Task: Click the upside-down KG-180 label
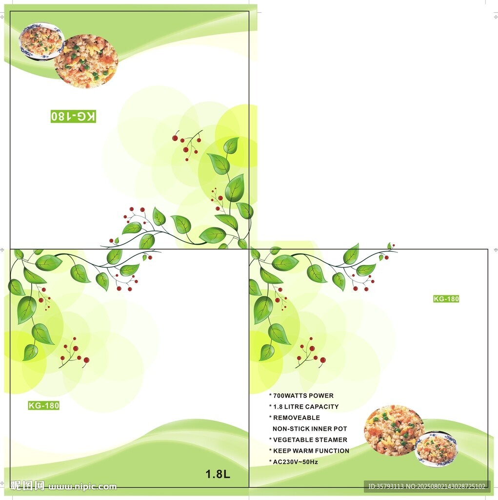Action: pos(73,116)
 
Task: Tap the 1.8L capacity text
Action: pos(218,474)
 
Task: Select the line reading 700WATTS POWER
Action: pos(301,396)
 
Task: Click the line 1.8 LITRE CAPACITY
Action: pos(304,407)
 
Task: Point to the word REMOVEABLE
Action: pos(297,418)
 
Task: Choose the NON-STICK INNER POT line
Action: pos(310,429)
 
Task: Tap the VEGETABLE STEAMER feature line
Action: pos(308,440)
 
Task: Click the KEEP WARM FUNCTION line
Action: pos(309,451)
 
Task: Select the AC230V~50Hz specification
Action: pos(294,462)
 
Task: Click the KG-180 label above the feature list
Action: pos(446,299)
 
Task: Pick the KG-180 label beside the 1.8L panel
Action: pos(43,406)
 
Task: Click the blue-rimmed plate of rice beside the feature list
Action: pos(437,449)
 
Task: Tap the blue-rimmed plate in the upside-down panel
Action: pos(41,40)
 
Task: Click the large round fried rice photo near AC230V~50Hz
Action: pos(394,430)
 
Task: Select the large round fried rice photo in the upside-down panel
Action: pos(86,61)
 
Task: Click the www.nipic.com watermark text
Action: pos(82,487)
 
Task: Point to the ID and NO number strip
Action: pos(427,487)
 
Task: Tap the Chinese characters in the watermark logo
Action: pos(27,486)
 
